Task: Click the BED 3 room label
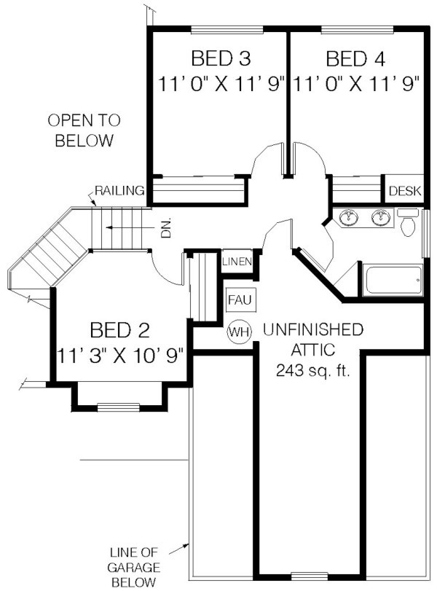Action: (221, 58)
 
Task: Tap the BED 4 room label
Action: (355, 58)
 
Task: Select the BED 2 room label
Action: (119, 330)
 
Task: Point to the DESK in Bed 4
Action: (405, 191)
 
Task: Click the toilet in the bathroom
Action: (408, 222)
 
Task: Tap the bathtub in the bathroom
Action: (393, 280)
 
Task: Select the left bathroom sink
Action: (348, 217)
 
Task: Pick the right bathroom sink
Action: (380, 217)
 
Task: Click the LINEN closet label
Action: (237, 261)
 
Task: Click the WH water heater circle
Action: (239, 332)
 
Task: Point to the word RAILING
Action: (119, 191)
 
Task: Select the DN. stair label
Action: (166, 227)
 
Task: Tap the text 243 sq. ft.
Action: (313, 370)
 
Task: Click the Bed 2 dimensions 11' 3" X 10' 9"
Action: (120, 355)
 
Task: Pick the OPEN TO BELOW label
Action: (84, 130)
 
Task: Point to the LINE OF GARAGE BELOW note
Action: (133, 567)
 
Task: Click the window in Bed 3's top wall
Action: (227, 29)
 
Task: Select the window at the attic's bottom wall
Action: (310, 576)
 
